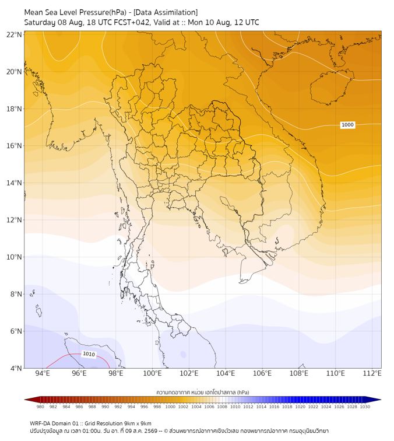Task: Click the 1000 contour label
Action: tap(347, 125)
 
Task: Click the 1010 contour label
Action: tap(89, 354)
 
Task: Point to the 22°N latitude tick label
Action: tap(14, 34)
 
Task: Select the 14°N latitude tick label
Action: tap(14, 183)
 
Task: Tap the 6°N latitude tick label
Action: tap(16, 331)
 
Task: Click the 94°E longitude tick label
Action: tap(43, 373)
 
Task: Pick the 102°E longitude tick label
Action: tap(189, 373)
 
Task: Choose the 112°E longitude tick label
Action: tap(372, 373)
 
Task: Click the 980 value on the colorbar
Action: tap(40, 407)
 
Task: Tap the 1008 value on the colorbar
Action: tap(222, 407)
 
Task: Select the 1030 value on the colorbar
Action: tap(365, 407)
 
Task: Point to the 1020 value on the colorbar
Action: tap(300, 407)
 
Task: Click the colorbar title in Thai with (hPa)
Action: tap(203, 392)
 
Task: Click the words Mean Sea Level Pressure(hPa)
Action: tap(75, 12)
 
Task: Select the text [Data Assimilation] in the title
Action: tap(166, 12)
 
